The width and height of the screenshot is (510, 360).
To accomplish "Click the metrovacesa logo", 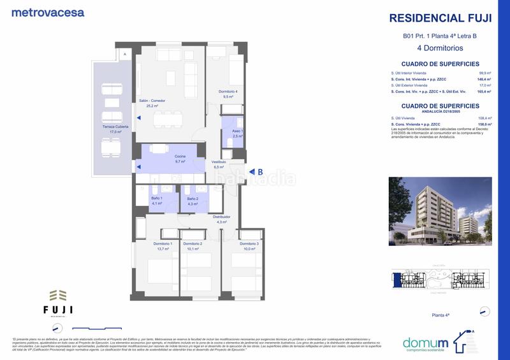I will click(x=47, y=12).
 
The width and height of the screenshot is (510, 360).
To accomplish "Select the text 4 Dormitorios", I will click(x=439, y=48).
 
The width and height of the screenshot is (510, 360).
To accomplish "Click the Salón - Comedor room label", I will click(x=153, y=103).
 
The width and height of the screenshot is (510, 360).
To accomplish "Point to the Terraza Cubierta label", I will click(x=114, y=129).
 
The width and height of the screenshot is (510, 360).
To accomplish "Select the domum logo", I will click(x=432, y=342).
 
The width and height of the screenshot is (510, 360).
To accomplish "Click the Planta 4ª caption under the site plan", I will click(x=442, y=315).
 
